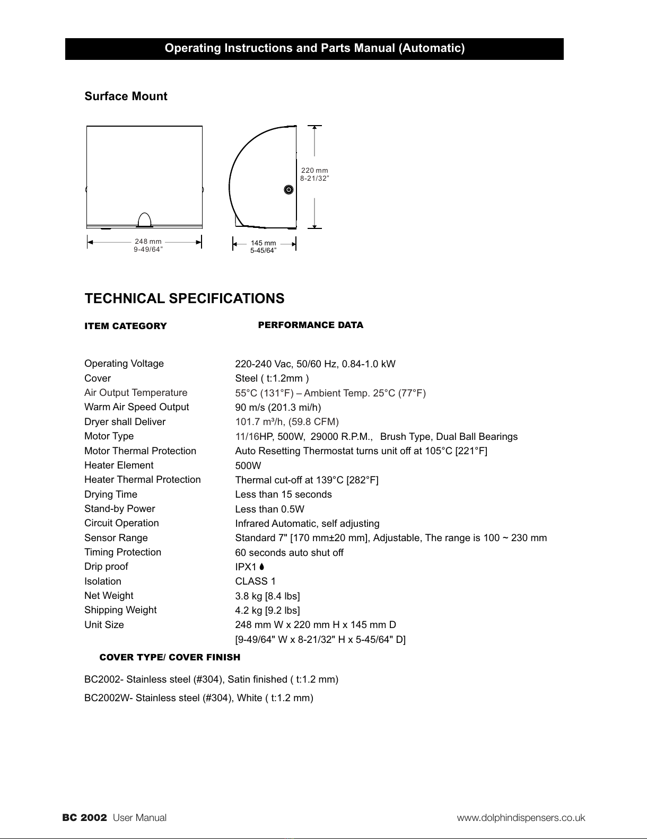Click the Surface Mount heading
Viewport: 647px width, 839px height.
(x=126, y=96)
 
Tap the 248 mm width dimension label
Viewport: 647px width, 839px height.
(x=148, y=242)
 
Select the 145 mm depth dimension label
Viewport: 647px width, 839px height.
(x=263, y=243)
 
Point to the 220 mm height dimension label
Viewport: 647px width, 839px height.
(x=314, y=171)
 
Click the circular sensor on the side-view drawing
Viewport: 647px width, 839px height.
(x=288, y=190)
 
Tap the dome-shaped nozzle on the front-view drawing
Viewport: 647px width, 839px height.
(x=144, y=219)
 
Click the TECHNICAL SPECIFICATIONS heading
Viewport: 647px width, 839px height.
(x=185, y=298)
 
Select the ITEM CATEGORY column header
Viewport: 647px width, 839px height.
(x=126, y=326)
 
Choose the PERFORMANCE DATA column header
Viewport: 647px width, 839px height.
(x=310, y=325)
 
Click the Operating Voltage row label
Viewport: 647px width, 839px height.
(x=124, y=364)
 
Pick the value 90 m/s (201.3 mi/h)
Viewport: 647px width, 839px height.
(x=278, y=408)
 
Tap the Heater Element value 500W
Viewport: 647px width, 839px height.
(x=248, y=466)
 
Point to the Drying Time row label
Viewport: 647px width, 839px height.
(x=111, y=494)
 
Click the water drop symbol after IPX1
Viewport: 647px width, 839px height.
(x=262, y=567)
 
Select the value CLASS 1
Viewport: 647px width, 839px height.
(x=255, y=581)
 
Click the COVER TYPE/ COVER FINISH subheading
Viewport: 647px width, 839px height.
(x=170, y=657)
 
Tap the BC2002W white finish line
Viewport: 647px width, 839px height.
(x=199, y=698)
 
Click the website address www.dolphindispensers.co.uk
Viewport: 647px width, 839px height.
(x=521, y=818)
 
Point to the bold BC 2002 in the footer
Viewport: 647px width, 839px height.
(x=85, y=818)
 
